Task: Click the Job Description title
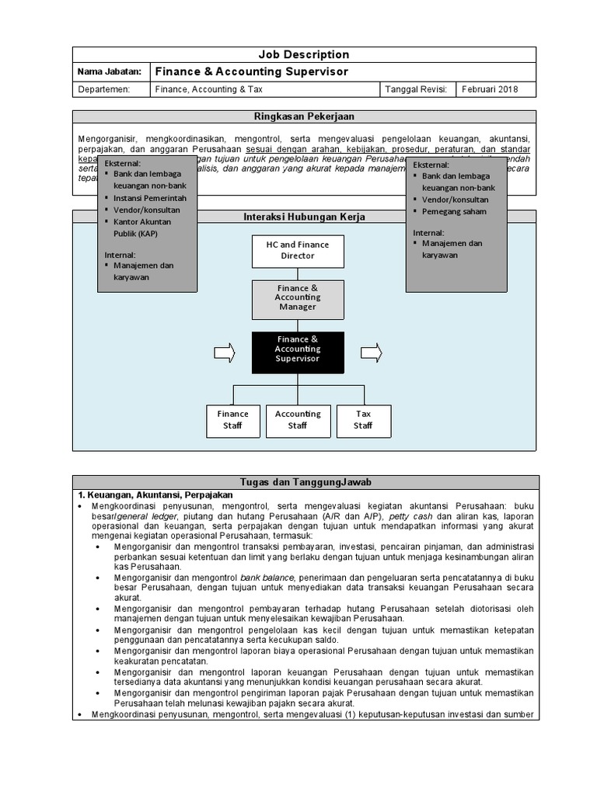[x=303, y=54]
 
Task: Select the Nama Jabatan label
[x=110, y=71]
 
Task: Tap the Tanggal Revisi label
[x=416, y=89]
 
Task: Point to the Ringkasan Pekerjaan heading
[x=303, y=116]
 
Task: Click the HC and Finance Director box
[x=298, y=251]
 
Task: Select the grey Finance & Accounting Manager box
[x=298, y=298]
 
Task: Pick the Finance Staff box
[x=233, y=420]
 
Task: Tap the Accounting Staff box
[x=298, y=420]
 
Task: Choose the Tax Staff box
[x=363, y=420]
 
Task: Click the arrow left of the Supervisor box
[x=224, y=353]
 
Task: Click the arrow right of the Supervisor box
[x=372, y=352]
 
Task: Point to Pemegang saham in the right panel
[x=454, y=211]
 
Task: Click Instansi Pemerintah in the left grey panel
[x=150, y=198]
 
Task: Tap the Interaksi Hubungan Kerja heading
[x=304, y=217]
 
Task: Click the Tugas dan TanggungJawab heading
[x=304, y=482]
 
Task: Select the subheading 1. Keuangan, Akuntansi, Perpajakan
[x=155, y=495]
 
